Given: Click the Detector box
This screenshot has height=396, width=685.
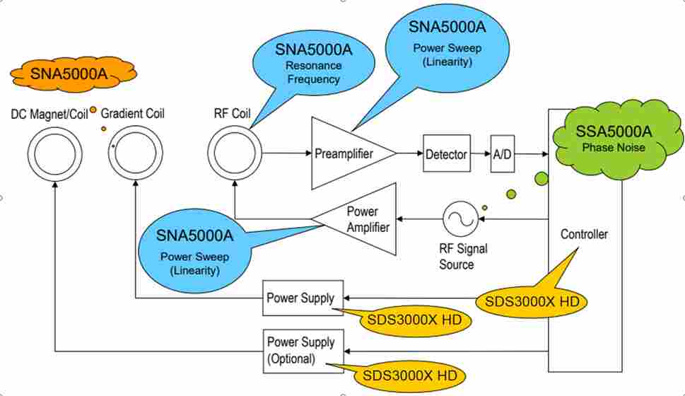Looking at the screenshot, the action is click(447, 153).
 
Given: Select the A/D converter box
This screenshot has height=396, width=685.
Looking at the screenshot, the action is click(503, 154).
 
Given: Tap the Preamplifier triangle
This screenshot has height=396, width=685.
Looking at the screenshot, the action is click(349, 153).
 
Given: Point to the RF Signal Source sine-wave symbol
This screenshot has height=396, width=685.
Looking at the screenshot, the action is click(460, 219).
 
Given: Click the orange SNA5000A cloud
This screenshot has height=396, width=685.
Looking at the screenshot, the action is click(73, 74).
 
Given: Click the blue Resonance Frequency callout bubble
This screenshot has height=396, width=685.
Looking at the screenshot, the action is click(313, 66).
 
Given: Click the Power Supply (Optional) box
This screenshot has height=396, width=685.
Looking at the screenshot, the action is click(303, 351).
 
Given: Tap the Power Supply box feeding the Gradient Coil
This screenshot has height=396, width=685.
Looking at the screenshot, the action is click(303, 298).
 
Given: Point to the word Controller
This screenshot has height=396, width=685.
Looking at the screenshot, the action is click(584, 234).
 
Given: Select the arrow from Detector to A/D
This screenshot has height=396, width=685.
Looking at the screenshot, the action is click(481, 153).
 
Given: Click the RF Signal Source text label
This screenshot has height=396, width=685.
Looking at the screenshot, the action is click(463, 257).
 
